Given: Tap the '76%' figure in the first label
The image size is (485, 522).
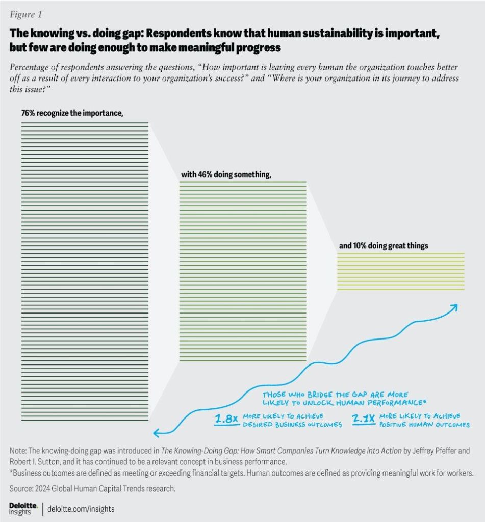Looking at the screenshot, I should coord(29,113).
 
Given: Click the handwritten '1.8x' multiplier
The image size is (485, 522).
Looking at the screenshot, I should coord(226,420).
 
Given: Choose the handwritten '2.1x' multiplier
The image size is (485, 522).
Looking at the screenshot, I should coord(364,420).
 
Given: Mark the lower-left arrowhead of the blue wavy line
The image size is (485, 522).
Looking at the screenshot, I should coord(157,434).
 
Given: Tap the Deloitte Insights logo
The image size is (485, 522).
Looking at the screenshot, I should coord(20,508).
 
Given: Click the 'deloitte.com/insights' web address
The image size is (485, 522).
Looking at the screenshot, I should coord(82,508).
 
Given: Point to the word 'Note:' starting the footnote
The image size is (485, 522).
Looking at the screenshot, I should coord(19,451).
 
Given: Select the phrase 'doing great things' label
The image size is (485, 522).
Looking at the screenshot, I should coord(400,245).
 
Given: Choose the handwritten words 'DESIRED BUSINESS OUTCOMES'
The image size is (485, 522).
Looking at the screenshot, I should coord(292,425).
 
